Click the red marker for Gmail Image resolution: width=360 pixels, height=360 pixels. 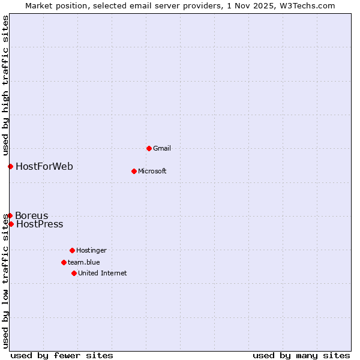point(149,148)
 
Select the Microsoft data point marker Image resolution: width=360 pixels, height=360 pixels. point(134,171)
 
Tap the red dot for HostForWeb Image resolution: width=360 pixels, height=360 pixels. point(10,166)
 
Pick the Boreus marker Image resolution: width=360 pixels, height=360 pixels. point(10,215)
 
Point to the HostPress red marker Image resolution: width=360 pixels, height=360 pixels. point(11,224)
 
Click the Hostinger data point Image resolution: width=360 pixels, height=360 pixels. point(72,250)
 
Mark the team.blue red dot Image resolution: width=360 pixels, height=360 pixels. point(64,262)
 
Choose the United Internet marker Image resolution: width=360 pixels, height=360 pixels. point(74,273)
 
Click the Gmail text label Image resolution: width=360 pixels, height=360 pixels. point(162,148)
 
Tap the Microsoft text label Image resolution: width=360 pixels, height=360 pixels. point(152,171)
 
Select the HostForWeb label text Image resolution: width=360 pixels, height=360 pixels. point(44,166)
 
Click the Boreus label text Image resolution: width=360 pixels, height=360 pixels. point(32,216)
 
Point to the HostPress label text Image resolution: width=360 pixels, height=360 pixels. point(40,224)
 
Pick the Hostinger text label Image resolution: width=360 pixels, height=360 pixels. point(91,250)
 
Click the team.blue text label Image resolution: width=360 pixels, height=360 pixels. point(83,262)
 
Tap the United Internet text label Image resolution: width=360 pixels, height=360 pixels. point(102,273)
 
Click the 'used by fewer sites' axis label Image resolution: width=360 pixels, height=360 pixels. point(62,355)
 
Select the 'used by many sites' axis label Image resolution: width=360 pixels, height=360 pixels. point(301,355)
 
